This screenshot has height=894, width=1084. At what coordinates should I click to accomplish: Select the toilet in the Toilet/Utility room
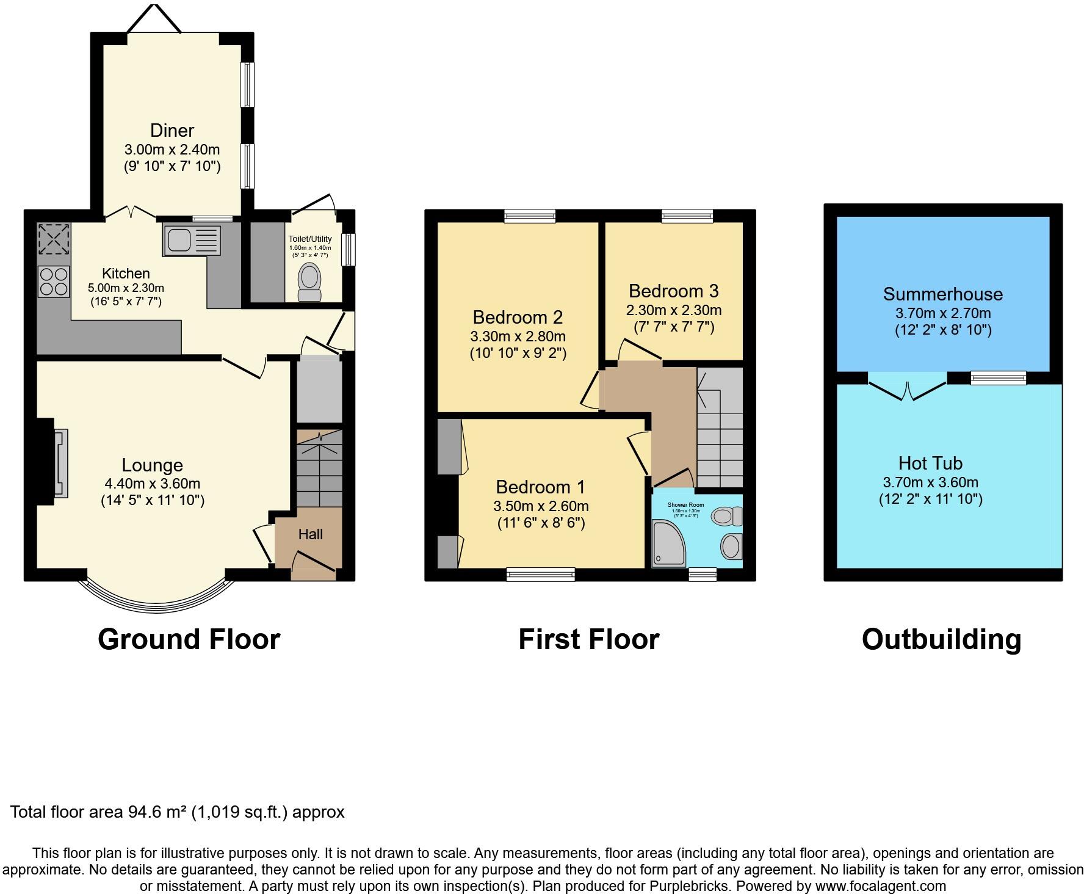pyautogui.click(x=309, y=283)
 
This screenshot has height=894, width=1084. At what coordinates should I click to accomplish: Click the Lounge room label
pyautogui.click(x=152, y=465)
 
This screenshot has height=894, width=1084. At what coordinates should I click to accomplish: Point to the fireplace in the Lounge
pyautogui.click(x=60, y=463)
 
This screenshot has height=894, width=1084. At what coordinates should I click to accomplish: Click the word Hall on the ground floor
pyautogui.click(x=310, y=534)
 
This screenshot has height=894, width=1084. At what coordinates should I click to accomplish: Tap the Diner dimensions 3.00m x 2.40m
pyautogui.click(x=172, y=150)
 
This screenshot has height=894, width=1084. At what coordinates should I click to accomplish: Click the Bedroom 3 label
pyautogui.click(x=673, y=291)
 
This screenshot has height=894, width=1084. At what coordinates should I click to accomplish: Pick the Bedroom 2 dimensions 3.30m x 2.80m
pyautogui.click(x=518, y=336)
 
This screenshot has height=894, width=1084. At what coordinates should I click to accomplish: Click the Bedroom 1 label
pyautogui.click(x=540, y=487)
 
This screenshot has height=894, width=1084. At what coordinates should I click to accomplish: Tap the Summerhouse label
pyautogui.click(x=942, y=294)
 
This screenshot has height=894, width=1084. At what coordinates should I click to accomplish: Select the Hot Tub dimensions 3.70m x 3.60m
pyautogui.click(x=930, y=482)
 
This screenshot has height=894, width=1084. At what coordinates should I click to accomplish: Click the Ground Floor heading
pyautogui.click(x=189, y=639)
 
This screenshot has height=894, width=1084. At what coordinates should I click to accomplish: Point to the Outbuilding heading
pyautogui.click(x=941, y=639)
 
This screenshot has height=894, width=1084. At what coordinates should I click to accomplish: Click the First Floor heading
pyautogui.click(x=588, y=639)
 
